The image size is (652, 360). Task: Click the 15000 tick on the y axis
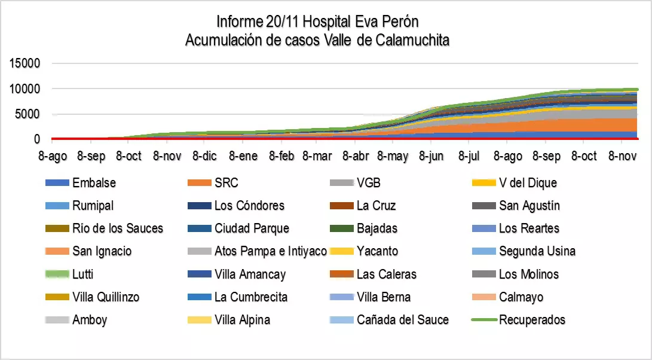click(25, 63)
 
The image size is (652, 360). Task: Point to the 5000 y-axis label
click(27, 114)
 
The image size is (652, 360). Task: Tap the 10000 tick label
click(25, 89)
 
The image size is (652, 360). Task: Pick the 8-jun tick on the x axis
click(431, 157)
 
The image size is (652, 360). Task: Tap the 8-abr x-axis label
click(356, 157)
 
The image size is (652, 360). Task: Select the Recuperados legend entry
click(532, 319)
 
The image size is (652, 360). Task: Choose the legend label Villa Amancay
click(250, 274)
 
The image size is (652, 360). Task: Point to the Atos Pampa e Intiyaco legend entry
click(271, 251)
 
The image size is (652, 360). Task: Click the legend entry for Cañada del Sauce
click(403, 319)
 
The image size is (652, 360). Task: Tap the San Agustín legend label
click(529, 206)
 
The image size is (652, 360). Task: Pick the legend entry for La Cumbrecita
click(251, 297)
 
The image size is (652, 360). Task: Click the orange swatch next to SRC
click(200, 183)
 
